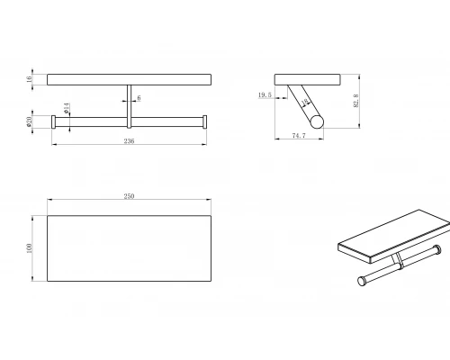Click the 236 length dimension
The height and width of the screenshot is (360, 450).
point(129,141)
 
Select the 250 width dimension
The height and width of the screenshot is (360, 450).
point(129,196)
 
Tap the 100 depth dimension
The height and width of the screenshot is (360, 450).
point(29,248)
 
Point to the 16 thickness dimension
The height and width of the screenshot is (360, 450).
point(29,79)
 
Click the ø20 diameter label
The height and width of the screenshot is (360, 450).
point(29,121)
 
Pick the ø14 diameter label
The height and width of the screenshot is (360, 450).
point(67,108)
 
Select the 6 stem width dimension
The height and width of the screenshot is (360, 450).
point(139,98)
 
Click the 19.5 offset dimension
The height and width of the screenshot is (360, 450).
point(265,95)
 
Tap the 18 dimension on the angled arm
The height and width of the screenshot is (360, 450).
point(305,103)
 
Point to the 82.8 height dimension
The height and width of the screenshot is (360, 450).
point(356,101)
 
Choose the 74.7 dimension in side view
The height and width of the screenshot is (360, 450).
point(299,136)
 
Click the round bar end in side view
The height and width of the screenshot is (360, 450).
point(317,121)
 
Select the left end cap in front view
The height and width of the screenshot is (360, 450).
point(54,121)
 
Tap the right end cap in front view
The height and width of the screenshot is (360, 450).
point(204,121)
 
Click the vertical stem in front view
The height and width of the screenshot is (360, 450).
point(130,106)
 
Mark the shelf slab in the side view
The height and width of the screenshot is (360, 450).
point(307,80)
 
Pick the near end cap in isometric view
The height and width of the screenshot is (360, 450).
point(362,281)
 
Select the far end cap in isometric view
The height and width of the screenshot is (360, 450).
point(437,249)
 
